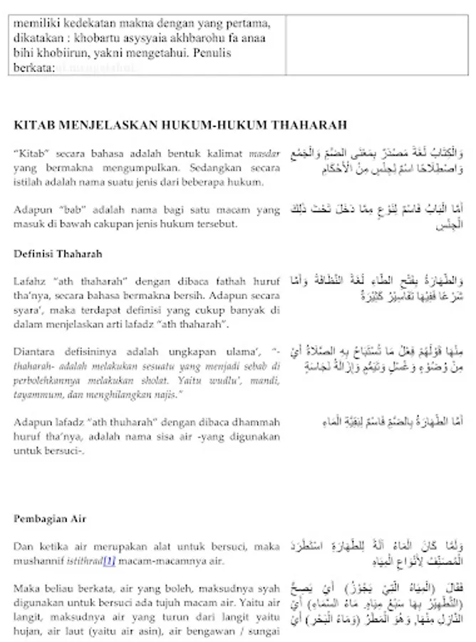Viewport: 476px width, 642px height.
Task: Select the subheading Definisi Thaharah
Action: click(x=58, y=253)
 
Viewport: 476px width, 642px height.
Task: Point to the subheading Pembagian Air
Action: click(x=50, y=519)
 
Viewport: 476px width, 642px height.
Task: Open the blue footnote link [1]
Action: click(x=109, y=560)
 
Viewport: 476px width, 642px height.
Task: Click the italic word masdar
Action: click(x=265, y=153)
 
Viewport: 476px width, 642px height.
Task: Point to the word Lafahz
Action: click(x=30, y=281)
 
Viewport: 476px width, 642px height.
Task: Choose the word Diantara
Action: click(x=35, y=352)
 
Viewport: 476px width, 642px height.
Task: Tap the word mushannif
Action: click(x=41, y=561)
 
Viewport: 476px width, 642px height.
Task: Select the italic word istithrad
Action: click(x=86, y=561)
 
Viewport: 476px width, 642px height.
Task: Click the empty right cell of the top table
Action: click(x=377, y=43)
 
